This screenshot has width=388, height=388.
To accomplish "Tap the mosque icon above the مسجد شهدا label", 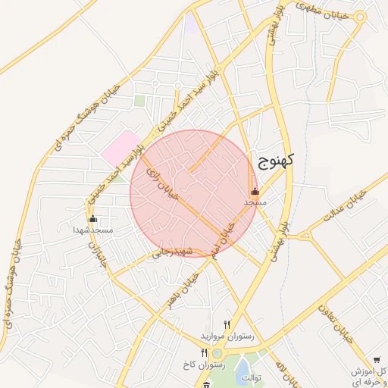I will pyautogui.click(x=93, y=219).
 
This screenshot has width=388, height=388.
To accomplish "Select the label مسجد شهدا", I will pyautogui.click(x=93, y=229).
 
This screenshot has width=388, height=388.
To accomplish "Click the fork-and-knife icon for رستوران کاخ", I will pyautogui.click(x=204, y=353).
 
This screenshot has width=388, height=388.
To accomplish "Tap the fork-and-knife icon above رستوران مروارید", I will pyautogui.click(x=227, y=324).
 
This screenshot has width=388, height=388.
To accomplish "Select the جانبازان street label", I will pyautogui.click(x=93, y=254).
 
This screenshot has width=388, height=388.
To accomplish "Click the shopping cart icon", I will pyautogui.click(x=377, y=360).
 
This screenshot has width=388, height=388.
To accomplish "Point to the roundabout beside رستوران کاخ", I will pyautogui.click(x=217, y=352).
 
